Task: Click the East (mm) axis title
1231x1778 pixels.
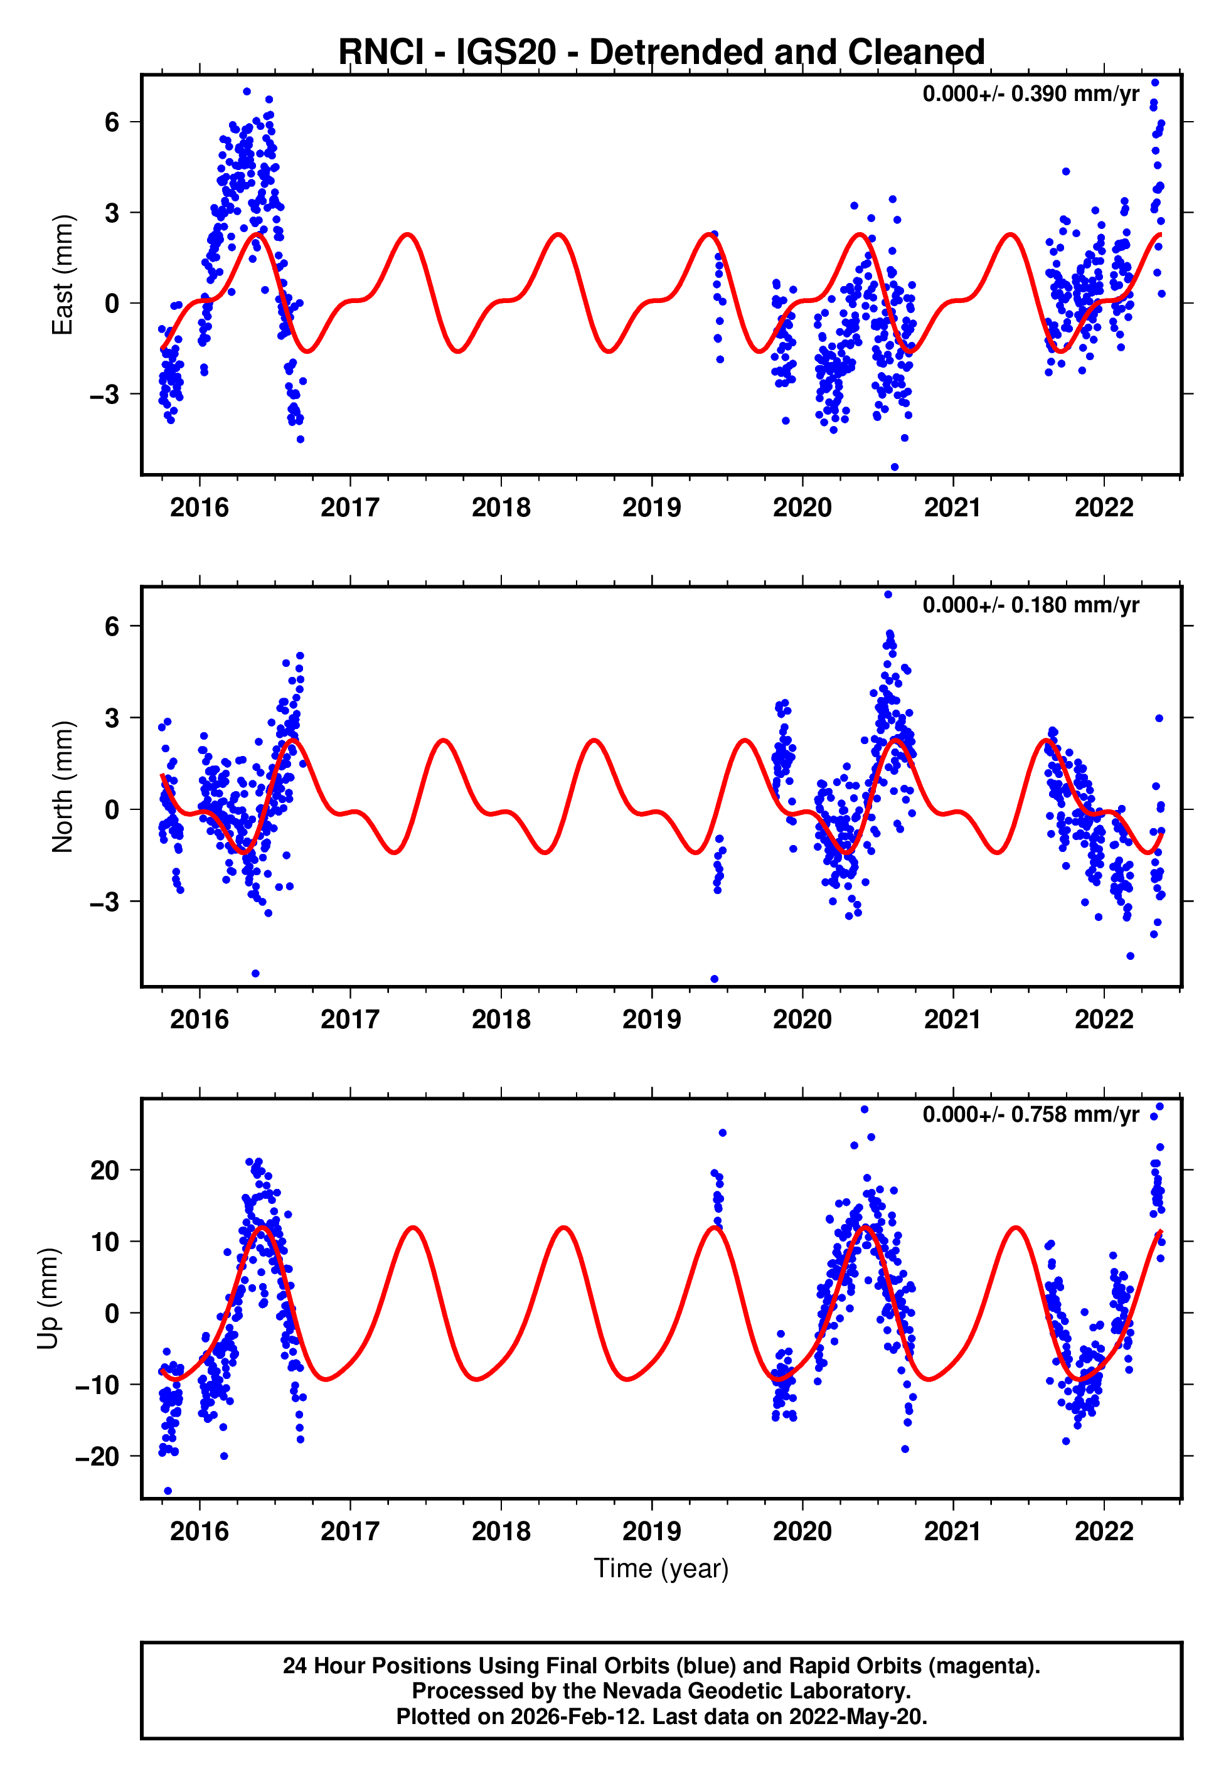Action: (x=61, y=275)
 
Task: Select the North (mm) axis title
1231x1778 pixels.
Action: (x=61, y=787)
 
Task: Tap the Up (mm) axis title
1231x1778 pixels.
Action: (x=48, y=1299)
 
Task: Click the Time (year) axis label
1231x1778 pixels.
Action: (x=661, y=1568)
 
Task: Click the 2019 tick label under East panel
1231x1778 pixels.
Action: (x=652, y=508)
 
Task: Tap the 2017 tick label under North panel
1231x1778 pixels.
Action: (x=350, y=1019)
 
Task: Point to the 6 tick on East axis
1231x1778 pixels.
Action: (x=112, y=122)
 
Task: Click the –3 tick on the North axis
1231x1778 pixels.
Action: (x=105, y=902)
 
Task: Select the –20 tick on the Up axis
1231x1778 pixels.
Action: (x=97, y=1457)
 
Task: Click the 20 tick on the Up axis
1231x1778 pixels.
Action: (x=105, y=1171)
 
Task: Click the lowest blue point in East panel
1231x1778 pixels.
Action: (x=895, y=467)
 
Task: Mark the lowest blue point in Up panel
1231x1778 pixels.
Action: (x=168, y=1491)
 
